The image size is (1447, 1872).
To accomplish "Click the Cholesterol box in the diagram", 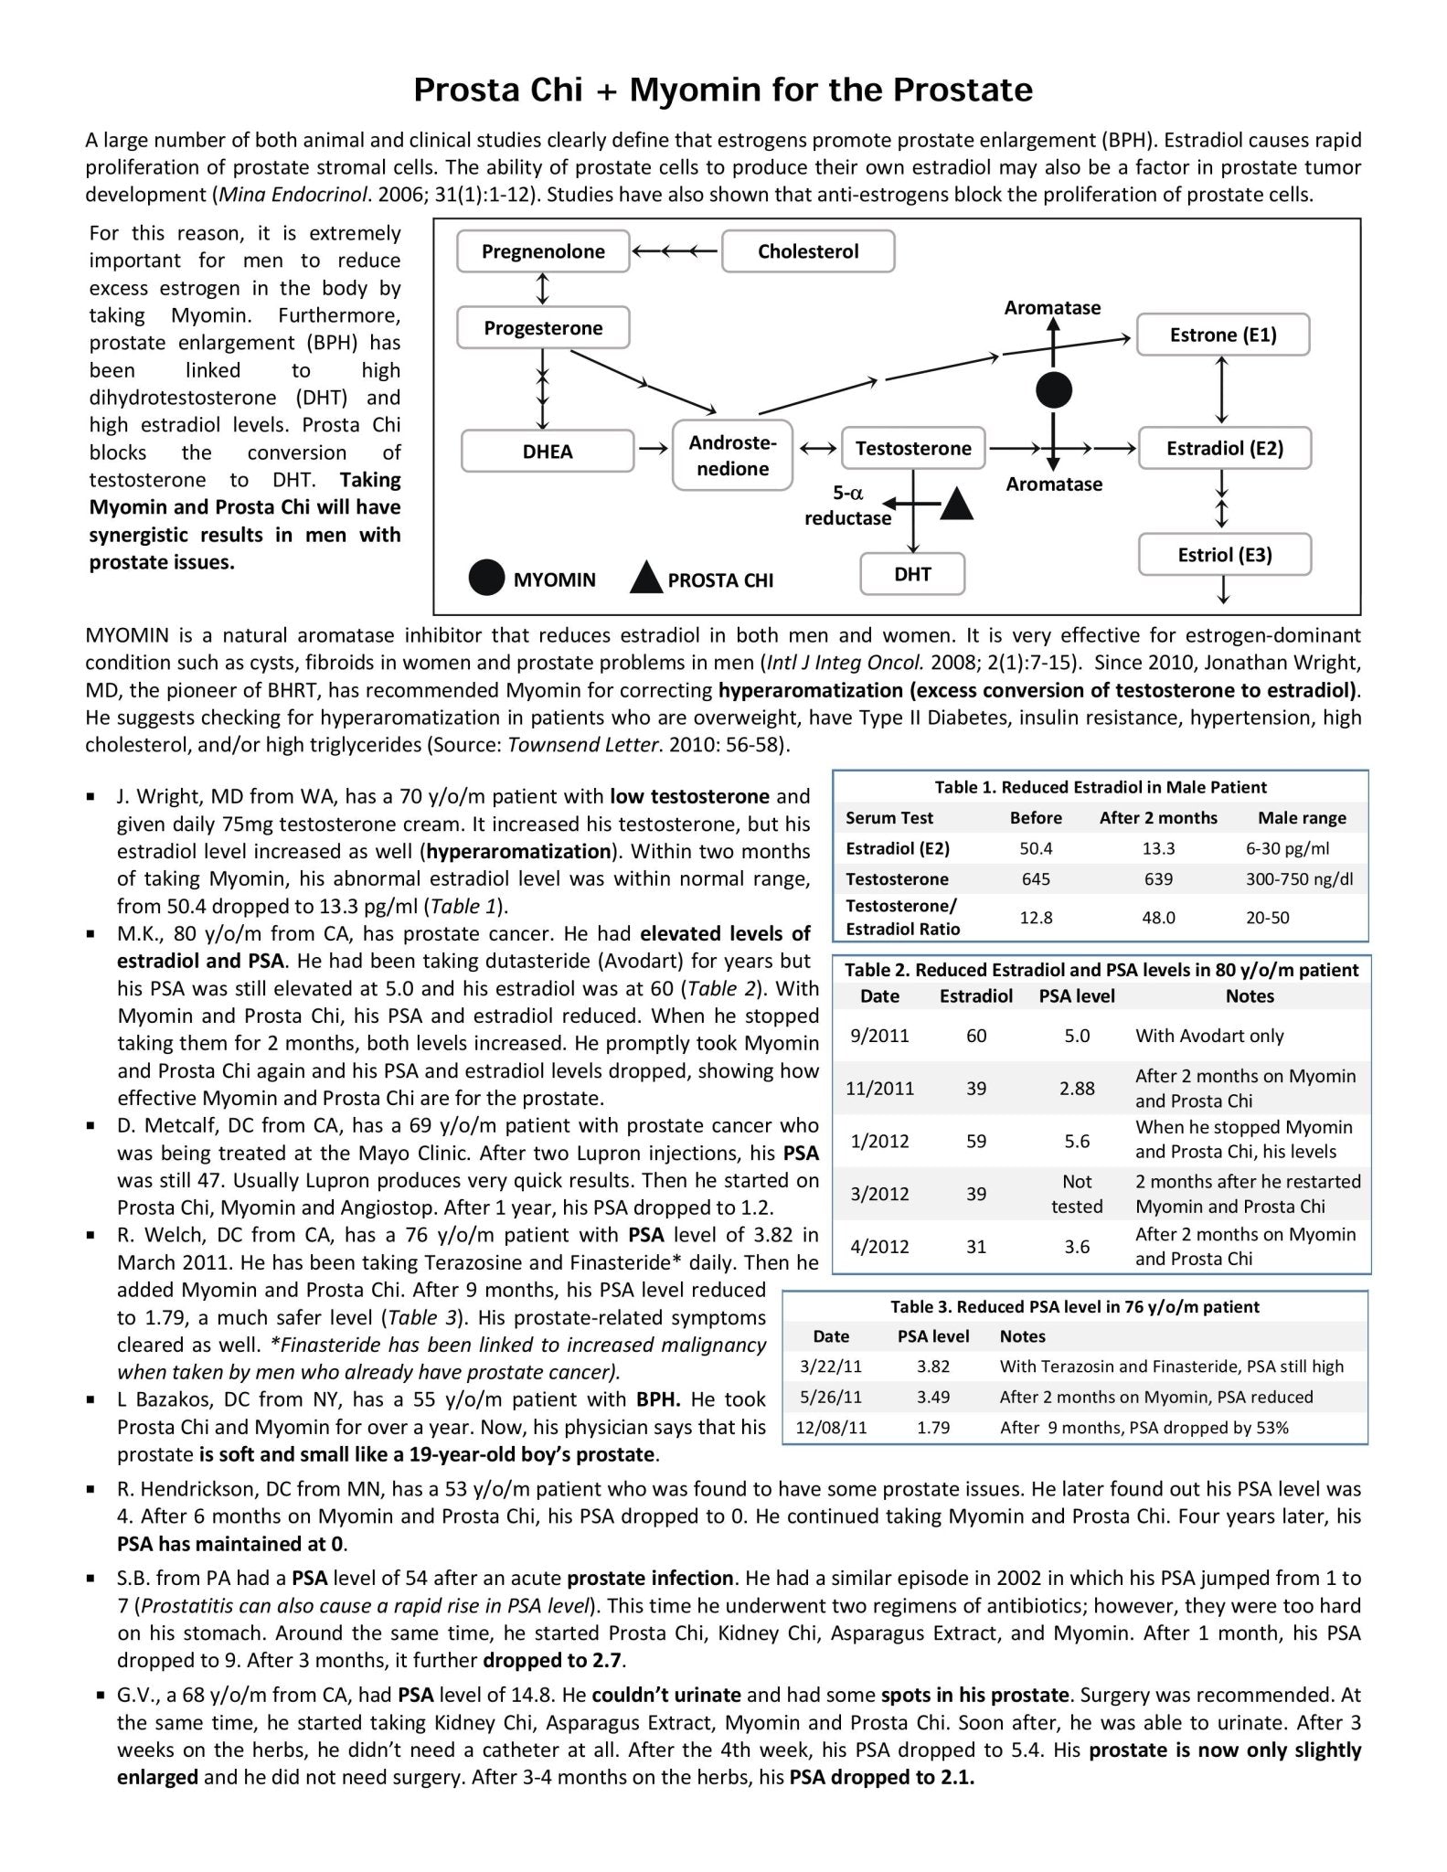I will tap(808, 251).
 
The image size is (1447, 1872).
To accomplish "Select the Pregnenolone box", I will tap(543, 251).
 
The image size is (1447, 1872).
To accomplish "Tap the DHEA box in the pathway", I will tap(548, 452).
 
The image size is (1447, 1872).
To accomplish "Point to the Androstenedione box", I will tap(732, 455).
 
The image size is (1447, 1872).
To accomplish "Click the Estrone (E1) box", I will tap(1222, 335).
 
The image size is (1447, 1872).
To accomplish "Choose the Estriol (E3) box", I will tap(1224, 555).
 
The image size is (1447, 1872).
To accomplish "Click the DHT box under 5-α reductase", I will tap(912, 574).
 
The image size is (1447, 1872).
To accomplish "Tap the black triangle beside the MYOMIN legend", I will tap(646, 579).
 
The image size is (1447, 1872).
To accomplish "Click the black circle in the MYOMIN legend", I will tap(486, 579).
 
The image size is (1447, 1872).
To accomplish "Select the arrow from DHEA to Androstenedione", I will tap(653, 449).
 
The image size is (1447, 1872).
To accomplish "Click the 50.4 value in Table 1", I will tap(1036, 848).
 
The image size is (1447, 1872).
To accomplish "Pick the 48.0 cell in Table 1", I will tap(1158, 917).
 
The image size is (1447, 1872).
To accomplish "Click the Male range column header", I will tap(1302, 818).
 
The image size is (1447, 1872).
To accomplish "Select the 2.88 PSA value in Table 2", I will tap(1077, 1088).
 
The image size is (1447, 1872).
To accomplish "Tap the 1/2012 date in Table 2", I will tap(879, 1141).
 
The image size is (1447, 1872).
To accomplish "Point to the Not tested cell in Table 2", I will tap(1077, 1194).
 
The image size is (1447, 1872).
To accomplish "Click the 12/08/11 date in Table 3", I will tap(831, 1427).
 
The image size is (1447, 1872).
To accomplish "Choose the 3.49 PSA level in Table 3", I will tap(933, 1397).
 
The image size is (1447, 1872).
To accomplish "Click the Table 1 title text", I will tap(1100, 787).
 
